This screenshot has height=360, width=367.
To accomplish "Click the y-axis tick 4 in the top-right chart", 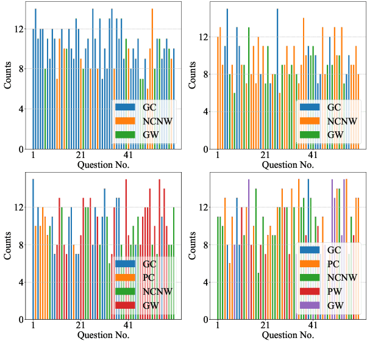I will (x=204, y=112).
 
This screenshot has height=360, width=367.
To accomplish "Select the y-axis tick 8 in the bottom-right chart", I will (x=204, y=245).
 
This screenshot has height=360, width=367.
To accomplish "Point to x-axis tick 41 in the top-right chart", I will (x=313, y=156).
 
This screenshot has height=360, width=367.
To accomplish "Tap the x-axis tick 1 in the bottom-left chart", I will (x=33, y=326).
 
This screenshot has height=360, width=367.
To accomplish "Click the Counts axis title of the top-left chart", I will (x=7, y=76).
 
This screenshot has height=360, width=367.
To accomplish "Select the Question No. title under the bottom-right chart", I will (x=289, y=335).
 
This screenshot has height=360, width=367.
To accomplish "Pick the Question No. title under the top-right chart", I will (x=289, y=165).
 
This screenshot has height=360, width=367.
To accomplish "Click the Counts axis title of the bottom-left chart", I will (x=7, y=247).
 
